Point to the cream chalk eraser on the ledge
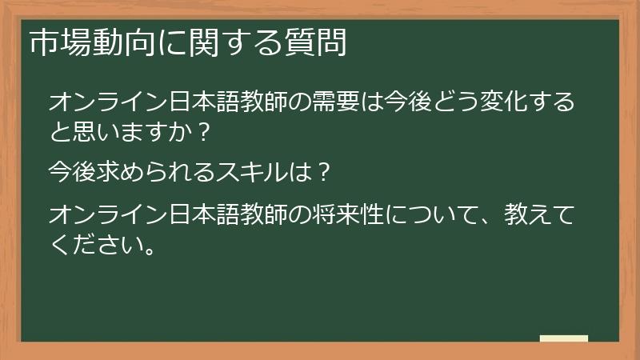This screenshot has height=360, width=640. point(564,338)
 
